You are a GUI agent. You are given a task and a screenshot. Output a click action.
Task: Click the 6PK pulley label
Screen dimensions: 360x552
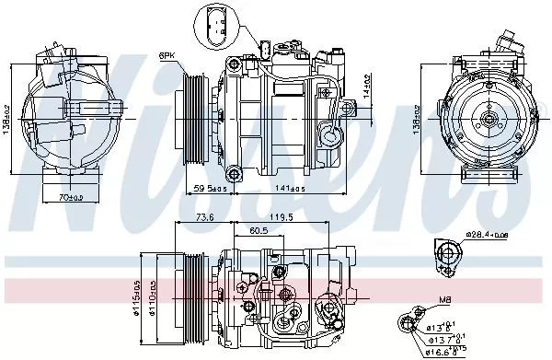pyautogui.click(x=168, y=55)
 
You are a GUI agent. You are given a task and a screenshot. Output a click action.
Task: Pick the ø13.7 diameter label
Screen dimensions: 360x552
pyautogui.click(x=443, y=338)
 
